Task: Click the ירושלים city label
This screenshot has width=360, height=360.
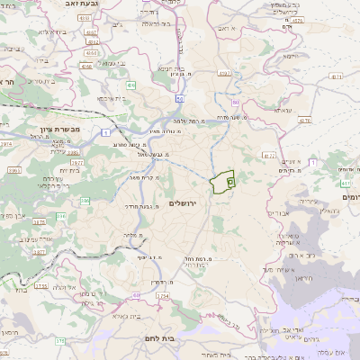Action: coord(184,204)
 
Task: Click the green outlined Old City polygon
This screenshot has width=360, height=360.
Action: coord(221,183)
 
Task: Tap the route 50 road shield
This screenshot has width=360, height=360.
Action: coord(180,98)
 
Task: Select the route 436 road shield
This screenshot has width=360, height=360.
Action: coord(130,85)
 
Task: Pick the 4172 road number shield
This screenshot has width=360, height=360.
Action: coord(268,155)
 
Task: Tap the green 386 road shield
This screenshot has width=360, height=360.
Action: coord(61,216)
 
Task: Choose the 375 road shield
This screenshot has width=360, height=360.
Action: coord(60,341)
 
